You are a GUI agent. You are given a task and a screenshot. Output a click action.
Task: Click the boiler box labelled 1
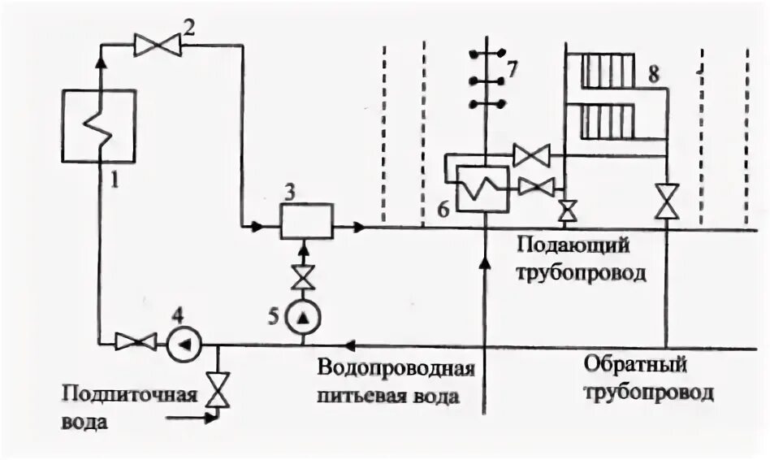[99, 127]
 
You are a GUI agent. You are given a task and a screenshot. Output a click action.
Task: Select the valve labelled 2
[158, 46]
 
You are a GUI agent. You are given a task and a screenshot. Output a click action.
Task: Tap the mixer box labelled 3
[306, 220]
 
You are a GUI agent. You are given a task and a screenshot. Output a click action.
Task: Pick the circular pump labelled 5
[305, 315]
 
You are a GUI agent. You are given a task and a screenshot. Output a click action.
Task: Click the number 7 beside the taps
[511, 69]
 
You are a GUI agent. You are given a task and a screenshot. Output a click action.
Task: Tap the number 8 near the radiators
[653, 75]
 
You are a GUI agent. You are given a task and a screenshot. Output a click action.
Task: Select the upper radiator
[610, 70]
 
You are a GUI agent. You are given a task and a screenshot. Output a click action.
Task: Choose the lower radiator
[610, 121]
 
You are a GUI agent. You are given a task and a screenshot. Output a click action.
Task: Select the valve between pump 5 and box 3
[305, 276]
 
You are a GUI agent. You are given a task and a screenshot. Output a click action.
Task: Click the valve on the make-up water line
[217, 390]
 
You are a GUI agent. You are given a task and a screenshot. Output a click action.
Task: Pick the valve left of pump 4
[136, 342]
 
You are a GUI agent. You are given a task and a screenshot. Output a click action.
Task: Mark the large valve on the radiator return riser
[667, 201]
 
